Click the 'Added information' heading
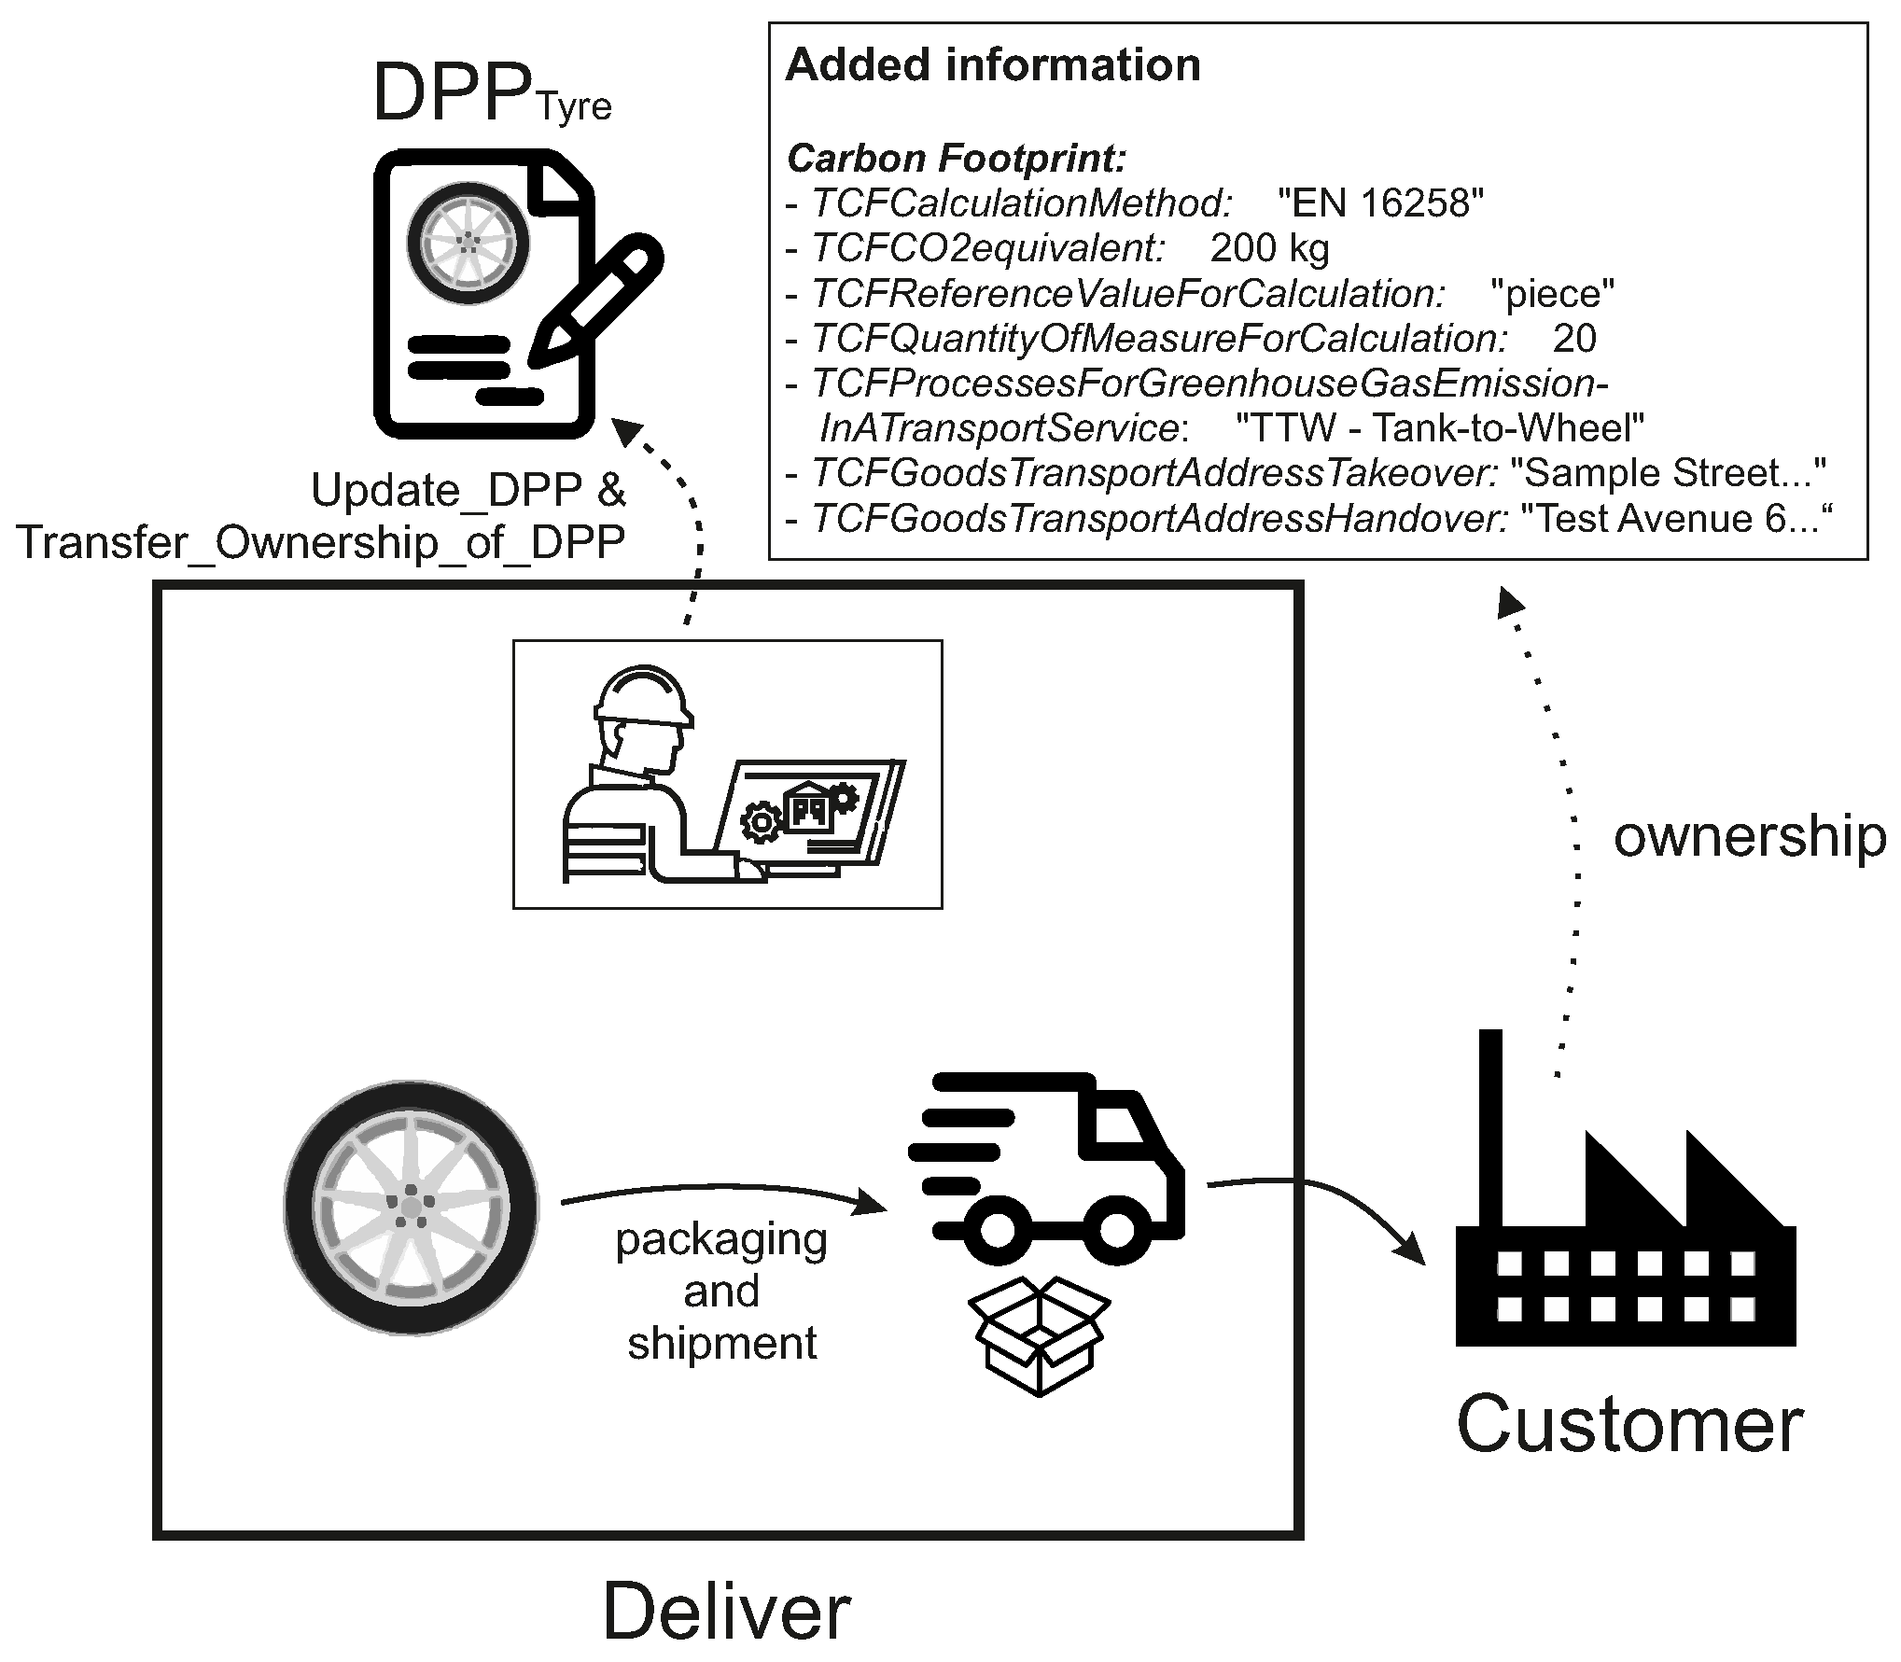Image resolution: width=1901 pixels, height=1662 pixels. pos(993,65)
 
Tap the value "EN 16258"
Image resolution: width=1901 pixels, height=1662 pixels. pos(1380,203)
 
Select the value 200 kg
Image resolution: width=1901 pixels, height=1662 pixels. pos(1269,248)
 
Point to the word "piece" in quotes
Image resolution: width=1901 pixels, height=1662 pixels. pos(1553,294)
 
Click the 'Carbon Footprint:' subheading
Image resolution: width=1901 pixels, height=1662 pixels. pos(957,159)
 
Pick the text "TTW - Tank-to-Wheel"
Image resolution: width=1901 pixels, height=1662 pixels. pos(1439,428)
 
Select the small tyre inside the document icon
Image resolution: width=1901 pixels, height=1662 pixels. pos(468,241)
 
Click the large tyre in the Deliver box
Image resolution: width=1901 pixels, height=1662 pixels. pos(411,1208)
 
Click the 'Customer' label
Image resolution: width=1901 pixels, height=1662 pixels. pos(1629,1425)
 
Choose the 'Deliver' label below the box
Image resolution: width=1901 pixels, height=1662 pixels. pos(726,1612)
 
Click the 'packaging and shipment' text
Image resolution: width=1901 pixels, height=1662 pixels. pos(721,1292)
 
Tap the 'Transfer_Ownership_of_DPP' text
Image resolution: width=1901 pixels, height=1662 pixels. pos(320,542)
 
